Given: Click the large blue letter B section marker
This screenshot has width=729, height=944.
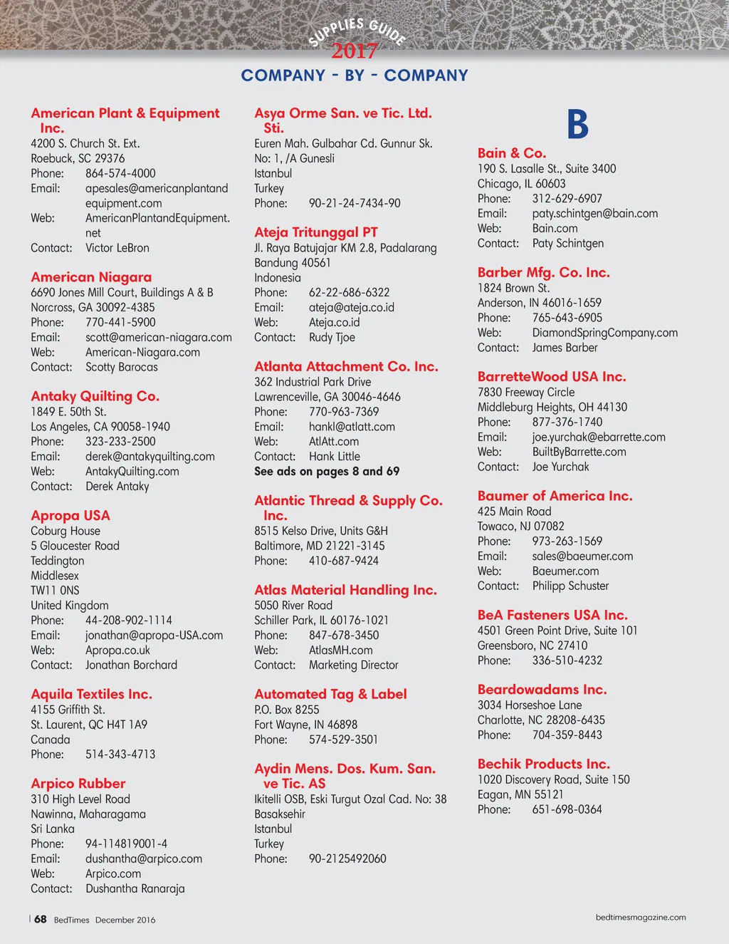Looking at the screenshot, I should [x=577, y=125].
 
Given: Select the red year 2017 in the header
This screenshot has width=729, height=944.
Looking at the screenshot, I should [x=354, y=51].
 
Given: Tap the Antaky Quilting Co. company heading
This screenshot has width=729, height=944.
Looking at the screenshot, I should [x=95, y=396].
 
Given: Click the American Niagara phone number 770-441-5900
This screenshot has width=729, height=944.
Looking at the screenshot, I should [x=120, y=322].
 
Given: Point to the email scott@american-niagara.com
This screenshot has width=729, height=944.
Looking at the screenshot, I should [x=158, y=337].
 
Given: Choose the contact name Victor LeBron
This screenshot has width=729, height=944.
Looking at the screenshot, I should [x=117, y=248].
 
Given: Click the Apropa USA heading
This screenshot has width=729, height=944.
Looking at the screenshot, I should [x=70, y=515].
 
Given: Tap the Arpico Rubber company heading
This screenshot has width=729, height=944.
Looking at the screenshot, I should [x=78, y=783].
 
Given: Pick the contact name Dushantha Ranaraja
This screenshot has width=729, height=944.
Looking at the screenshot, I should [x=135, y=888].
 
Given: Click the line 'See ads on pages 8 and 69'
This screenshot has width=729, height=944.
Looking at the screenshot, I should [x=327, y=471].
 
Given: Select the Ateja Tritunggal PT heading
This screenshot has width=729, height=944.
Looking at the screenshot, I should [x=316, y=232].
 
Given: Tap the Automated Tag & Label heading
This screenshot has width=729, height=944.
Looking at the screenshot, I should [x=330, y=694].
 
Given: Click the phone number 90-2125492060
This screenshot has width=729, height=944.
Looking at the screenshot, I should [x=347, y=859].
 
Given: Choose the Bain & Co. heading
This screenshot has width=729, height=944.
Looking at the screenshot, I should [x=512, y=153].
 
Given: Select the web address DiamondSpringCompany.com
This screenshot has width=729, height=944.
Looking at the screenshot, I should [x=604, y=333].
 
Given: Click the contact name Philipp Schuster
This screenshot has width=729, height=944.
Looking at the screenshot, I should [x=570, y=586].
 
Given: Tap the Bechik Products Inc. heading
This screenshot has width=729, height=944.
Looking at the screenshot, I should [x=543, y=764].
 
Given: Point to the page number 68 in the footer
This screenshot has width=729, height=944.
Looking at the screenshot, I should [x=41, y=919].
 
